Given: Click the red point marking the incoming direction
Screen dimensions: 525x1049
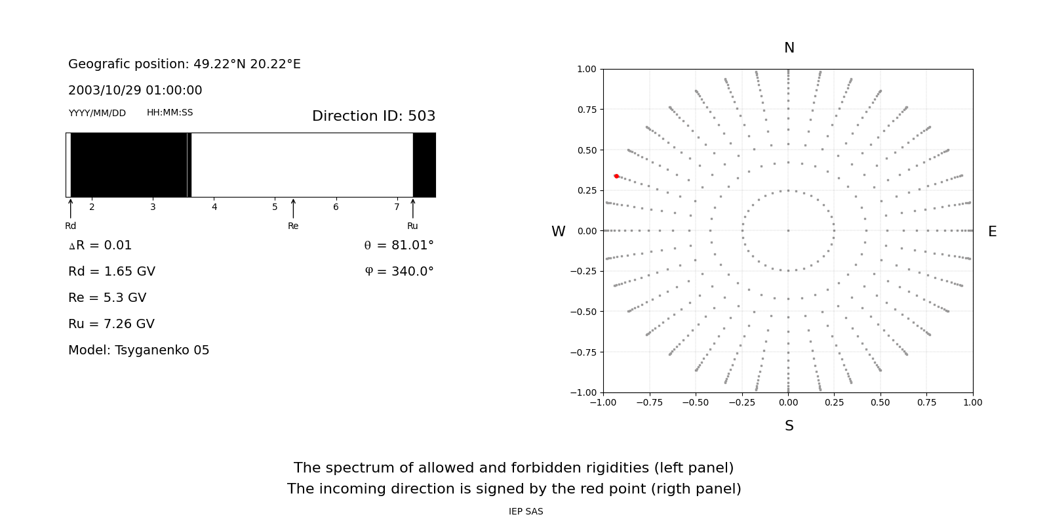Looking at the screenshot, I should (x=616, y=176).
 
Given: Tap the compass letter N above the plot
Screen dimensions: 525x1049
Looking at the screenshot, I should (x=789, y=48).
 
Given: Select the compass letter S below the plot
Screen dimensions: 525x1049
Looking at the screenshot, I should (x=789, y=426).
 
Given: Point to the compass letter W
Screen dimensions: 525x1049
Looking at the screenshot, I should (x=558, y=232).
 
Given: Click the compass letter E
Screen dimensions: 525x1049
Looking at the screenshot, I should (x=992, y=232).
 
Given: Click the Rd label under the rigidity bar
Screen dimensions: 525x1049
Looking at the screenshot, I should (x=70, y=226).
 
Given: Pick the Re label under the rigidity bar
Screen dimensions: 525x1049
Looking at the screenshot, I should (x=293, y=226).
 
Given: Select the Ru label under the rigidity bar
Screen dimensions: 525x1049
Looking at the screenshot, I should (x=412, y=226).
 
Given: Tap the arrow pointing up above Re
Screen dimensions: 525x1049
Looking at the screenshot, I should (x=293, y=208).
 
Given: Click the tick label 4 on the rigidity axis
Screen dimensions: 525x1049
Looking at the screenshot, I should (x=214, y=207).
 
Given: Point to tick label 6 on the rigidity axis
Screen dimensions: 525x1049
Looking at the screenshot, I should (x=336, y=207).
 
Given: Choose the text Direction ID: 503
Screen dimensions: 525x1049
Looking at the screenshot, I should (x=374, y=116).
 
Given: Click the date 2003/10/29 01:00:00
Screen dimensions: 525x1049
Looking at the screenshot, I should (x=135, y=91).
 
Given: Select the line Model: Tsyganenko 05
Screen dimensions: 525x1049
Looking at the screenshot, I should (x=139, y=350).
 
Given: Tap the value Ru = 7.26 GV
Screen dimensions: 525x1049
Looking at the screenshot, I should (x=111, y=324).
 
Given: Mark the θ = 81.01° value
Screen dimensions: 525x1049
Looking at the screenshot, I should (x=399, y=245).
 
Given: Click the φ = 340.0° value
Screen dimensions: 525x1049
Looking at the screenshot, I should (x=399, y=272).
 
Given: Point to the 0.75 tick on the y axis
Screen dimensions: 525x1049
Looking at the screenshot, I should (x=585, y=110).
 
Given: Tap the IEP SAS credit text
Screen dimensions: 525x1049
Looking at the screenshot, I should (x=526, y=512).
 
